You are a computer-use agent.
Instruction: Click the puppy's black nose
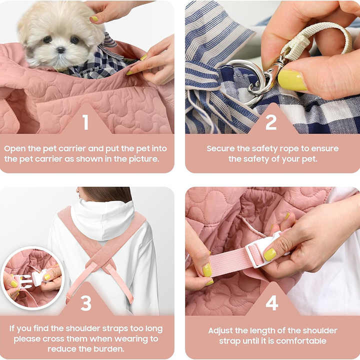tap(61, 50)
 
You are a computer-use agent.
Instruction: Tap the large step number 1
tap(85, 122)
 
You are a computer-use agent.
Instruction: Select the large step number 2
tap(271, 122)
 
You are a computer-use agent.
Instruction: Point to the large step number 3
tap(86, 303)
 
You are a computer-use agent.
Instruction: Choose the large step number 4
tap(272, 303)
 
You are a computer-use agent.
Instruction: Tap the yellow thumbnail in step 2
tap(291, 80)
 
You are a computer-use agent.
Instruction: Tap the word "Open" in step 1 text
tap(14, 149)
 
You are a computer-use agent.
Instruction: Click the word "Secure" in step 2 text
tap(220, 148)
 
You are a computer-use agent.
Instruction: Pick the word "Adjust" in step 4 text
tap(220, 331)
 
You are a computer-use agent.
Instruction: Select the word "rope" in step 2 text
tap(289, 149)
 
